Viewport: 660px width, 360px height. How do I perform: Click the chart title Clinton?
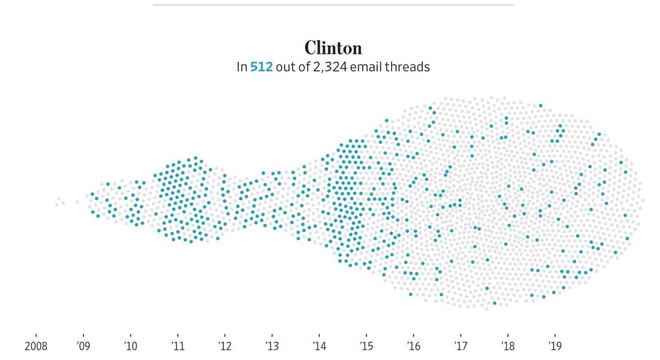click(x=333, y=48)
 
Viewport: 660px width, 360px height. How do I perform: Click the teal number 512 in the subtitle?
click(x=261, y=67)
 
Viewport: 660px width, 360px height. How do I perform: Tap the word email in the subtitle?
click(x=367, y=67)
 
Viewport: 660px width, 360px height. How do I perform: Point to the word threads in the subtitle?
click(x=407, y=67)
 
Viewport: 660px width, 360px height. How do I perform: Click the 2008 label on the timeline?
click(x=35, y=346)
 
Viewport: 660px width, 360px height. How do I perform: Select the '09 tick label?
click(x=83, y=346)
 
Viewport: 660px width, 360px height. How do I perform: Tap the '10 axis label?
click(x=130, y=346)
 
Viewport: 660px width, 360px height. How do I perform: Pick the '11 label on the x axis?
click(x=177, y=346)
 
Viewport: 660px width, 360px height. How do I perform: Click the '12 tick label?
click(x=224, y=346)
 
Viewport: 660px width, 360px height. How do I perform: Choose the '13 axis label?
click(x=272, y=346)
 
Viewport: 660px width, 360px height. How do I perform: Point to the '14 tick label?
click(x=319, y=346)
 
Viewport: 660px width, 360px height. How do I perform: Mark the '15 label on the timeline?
click(x=366, y=346)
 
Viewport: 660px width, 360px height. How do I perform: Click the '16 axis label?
click(x=413, y=346)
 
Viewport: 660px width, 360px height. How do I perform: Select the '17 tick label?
click(x=461, y=346)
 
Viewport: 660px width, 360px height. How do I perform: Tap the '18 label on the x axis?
click(x=508, y=346)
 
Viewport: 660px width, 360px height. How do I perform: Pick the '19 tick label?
click(x=555, y=346)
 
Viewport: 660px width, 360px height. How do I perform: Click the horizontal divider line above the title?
click(x=333, y=5)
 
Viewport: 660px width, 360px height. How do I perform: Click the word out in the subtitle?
click(x=284, y=67)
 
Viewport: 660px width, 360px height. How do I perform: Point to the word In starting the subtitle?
click(x=241, y=67)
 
